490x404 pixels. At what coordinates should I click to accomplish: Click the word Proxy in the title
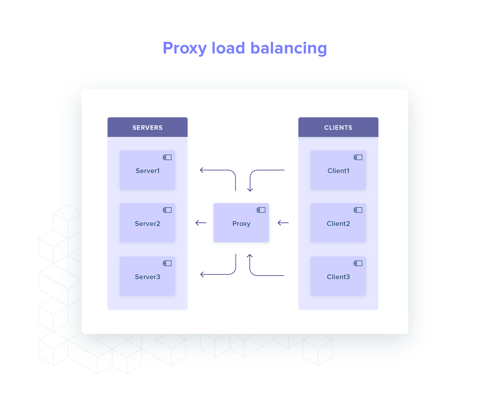(185, 48)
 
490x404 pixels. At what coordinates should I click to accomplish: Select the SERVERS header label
(147, 128)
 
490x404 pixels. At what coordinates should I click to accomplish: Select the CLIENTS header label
(338, 128)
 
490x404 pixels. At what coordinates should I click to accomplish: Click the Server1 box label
(148, 171)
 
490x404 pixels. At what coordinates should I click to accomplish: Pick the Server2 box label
(148, 224)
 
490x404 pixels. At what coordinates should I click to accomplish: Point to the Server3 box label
(148, 277)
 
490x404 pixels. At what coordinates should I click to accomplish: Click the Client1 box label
(338, 171)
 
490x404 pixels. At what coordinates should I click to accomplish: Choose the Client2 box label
(338, 224)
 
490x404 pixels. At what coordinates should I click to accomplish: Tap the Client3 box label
(338, 277)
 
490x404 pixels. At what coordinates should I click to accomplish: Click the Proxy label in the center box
(241, 224)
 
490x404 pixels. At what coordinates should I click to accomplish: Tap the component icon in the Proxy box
(261, 210)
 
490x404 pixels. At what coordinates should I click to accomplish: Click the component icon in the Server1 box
(167, 157)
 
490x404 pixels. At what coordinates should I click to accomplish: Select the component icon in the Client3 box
(358, 263)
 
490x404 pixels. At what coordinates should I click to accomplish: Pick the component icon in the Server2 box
(167, 210)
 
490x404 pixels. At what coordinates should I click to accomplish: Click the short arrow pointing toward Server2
(201, 223)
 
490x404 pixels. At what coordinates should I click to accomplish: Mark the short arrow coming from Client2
(283, 223)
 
